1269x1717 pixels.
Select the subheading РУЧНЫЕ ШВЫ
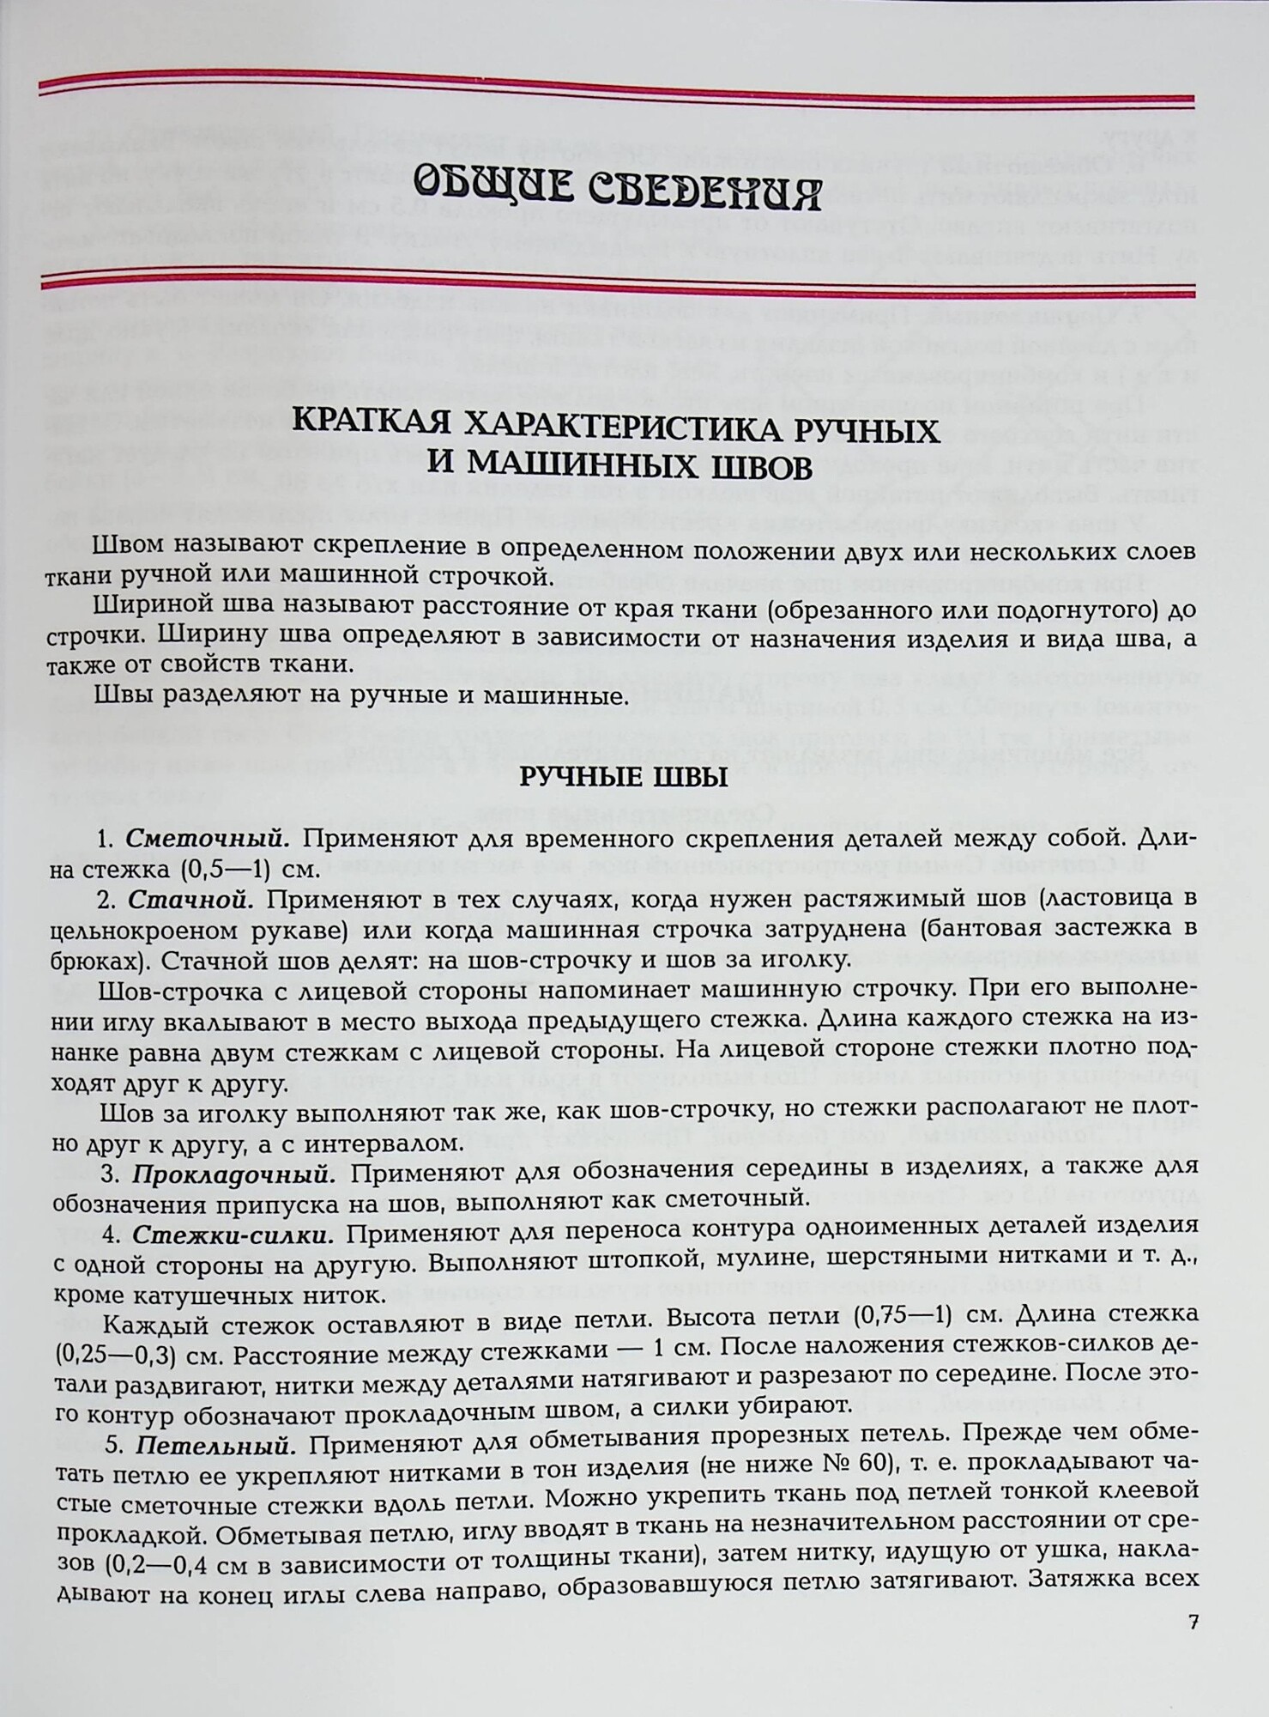coord(625,779)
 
